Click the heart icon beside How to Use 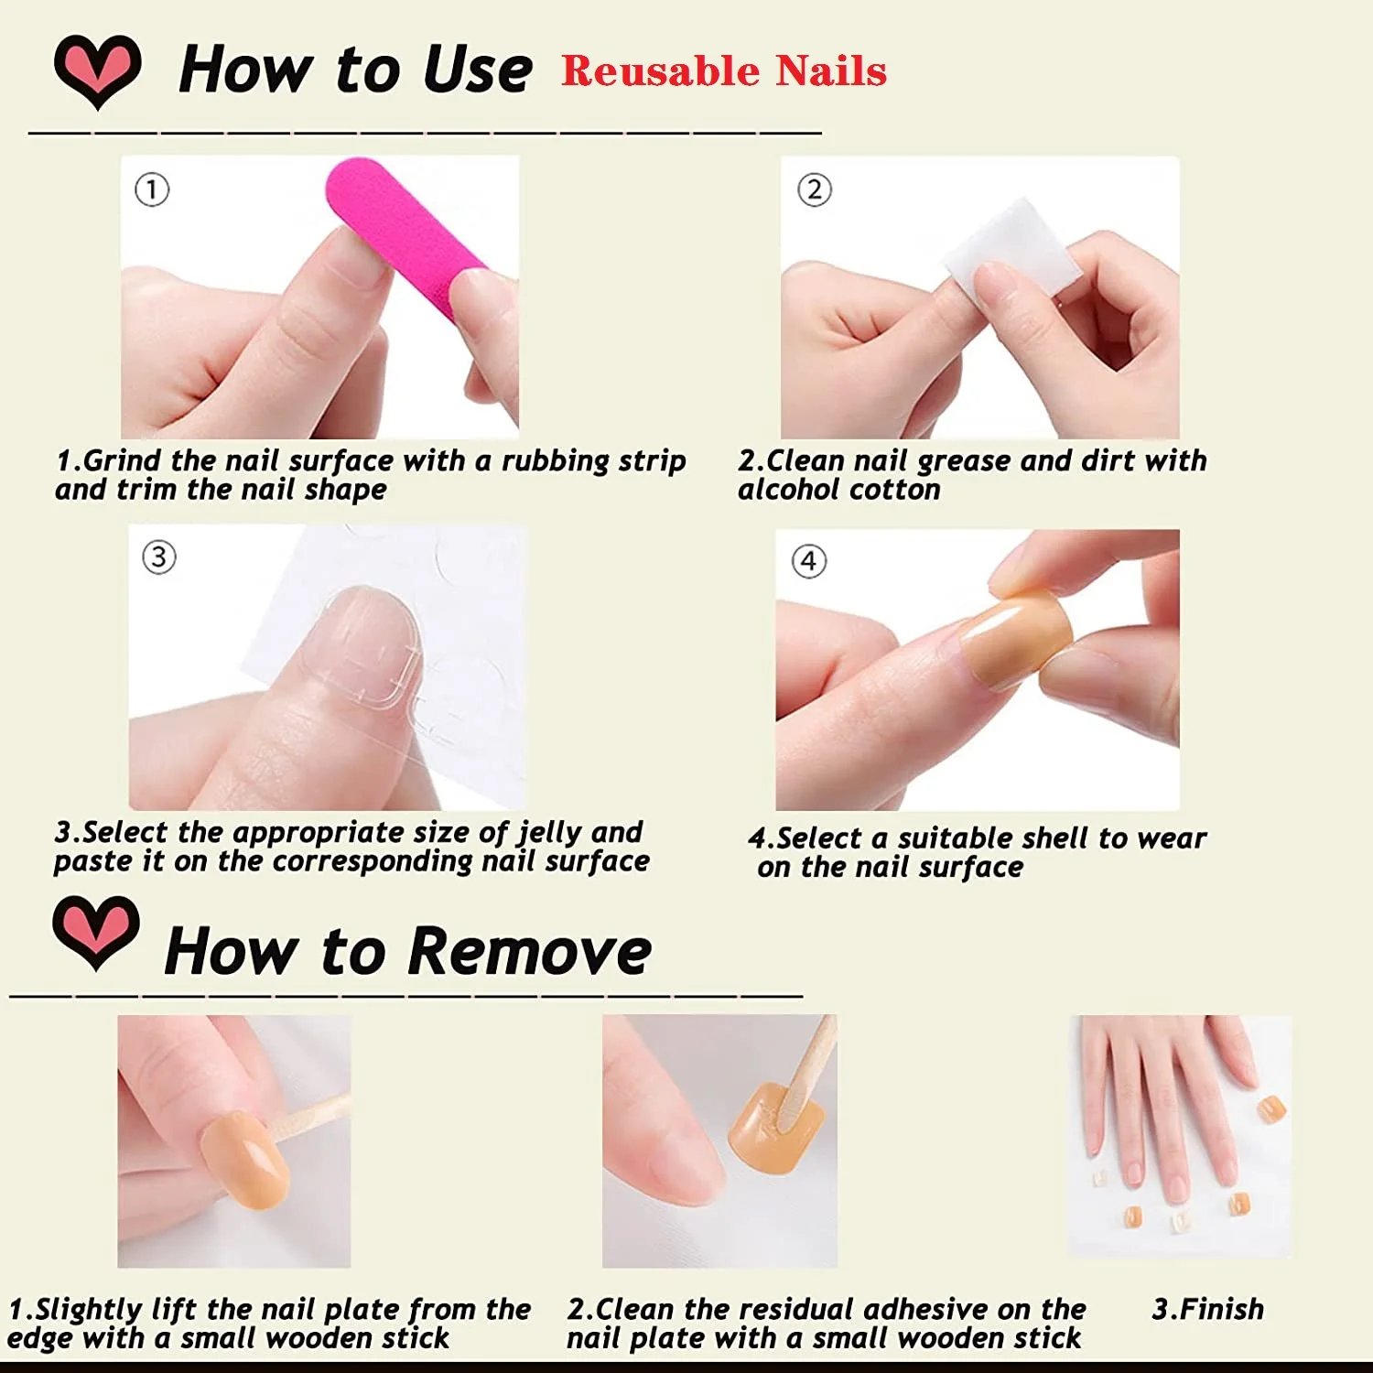click(x=98, y=71)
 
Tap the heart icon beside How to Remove click(x=96, y=933)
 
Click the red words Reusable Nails click(x=724, y=71)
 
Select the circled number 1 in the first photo click(x=152, y=189)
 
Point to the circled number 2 click(x=815, y=189)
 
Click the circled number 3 click(x=159, y=557)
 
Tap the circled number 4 click(x=808, y=561)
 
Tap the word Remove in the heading click(x=530, y=951)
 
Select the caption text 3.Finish click(x=1208, y=1309)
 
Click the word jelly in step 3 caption click(x=549, y=833)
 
